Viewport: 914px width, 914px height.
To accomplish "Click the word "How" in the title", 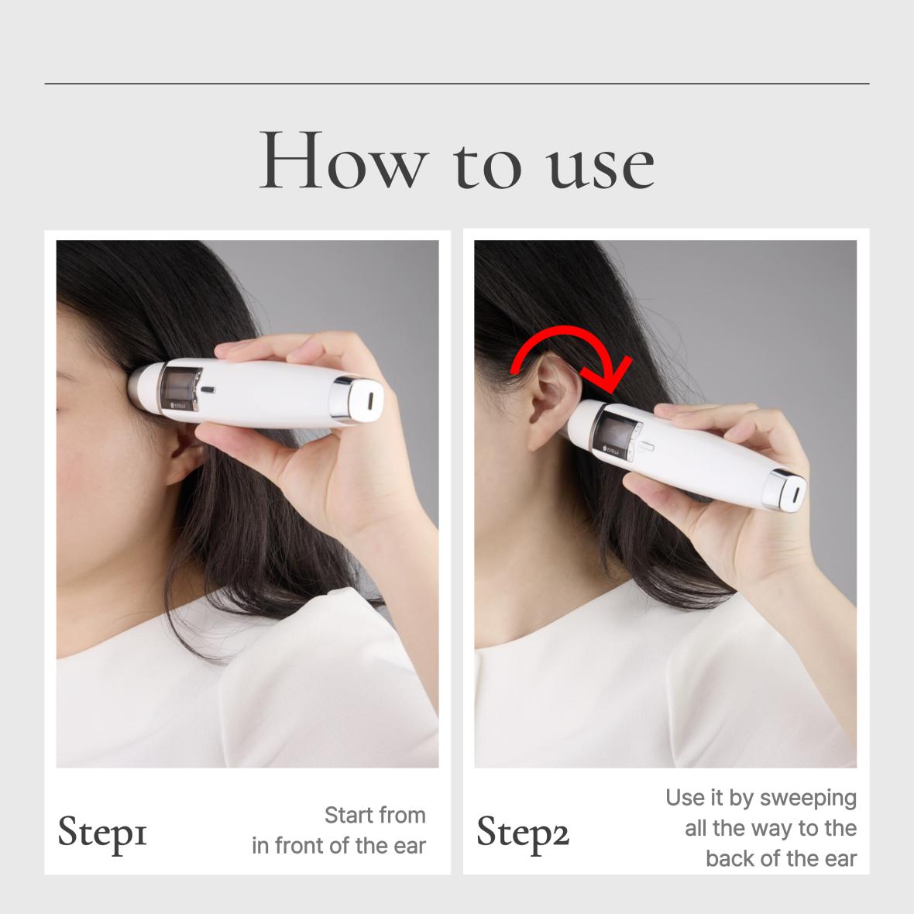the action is pos(344,160).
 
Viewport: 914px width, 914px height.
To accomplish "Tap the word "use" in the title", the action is pos(601,167).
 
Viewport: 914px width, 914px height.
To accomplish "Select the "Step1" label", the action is pos(102,833).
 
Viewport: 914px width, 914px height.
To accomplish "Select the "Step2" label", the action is pos(522,833).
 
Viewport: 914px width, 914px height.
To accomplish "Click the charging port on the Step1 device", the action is pos(371,401).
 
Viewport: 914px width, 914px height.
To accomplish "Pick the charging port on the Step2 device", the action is pos(795,493).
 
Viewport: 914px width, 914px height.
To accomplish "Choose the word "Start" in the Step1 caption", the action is pos(349,815).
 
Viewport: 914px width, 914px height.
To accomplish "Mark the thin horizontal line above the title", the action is pos(457,84).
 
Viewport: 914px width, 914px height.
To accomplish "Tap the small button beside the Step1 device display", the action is pos(208,390).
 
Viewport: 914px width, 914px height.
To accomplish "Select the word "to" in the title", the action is pos(487,167).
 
